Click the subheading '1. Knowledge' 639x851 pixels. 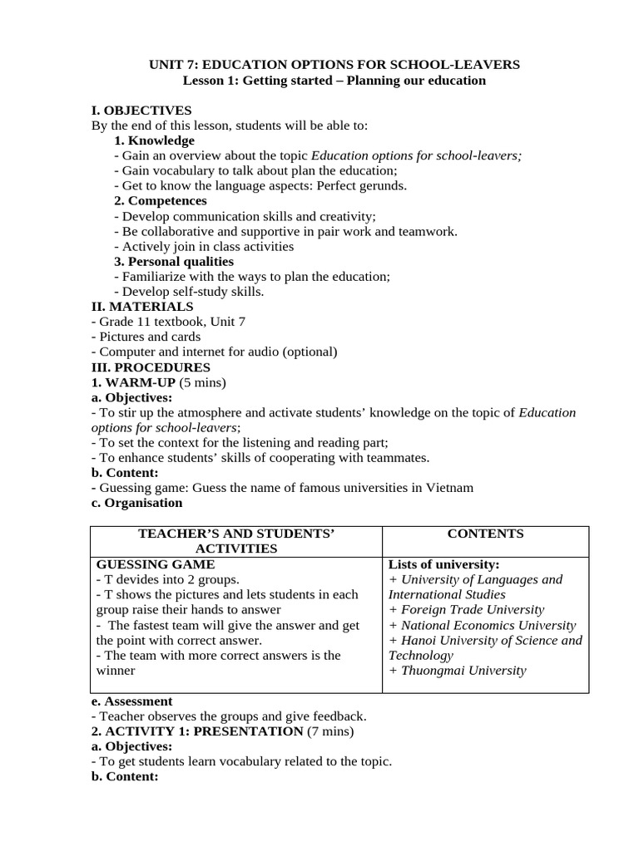tap(154, 140)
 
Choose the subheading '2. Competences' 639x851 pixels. tap(161, 200)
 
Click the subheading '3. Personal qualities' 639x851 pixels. tap(174, 261)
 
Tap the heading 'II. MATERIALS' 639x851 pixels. tap(142, 307)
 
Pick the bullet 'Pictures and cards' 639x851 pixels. tap(148, 337)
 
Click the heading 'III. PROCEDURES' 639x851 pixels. tap(151, 366)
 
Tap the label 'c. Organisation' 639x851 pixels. tap(136, 503)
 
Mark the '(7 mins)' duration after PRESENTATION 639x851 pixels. tap(330, 731)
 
